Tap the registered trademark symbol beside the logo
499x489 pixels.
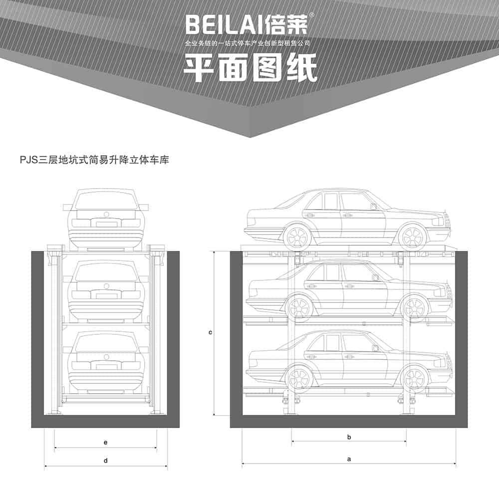tap(312, 15)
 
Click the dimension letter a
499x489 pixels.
tap(349, 459)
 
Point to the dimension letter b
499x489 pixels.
tap(349, 437)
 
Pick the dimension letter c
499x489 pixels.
tap(211, 333)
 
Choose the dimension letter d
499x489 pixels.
tap(106, 461)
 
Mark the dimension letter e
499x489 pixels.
tap(106, 442)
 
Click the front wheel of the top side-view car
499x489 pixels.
tap(413, 238)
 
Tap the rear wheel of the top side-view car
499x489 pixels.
tap(297, 238)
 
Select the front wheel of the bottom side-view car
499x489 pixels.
tap(414, 378)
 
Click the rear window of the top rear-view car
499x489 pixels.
tap(106, 201)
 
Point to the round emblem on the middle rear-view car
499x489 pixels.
tap(106, 286)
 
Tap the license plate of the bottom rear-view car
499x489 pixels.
tap(106, 367)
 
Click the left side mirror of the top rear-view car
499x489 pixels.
tap(68, 207)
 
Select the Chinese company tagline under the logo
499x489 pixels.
tap(248, 43)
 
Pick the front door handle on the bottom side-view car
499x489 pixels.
tap(348, 356)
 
